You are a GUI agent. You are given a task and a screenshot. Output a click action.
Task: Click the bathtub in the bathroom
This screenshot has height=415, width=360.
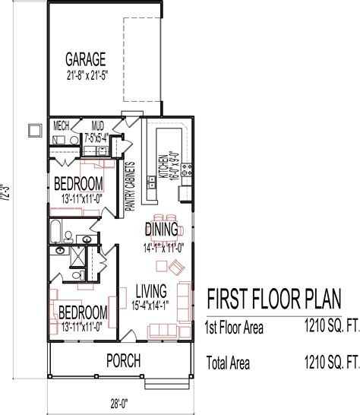point(57,232)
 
